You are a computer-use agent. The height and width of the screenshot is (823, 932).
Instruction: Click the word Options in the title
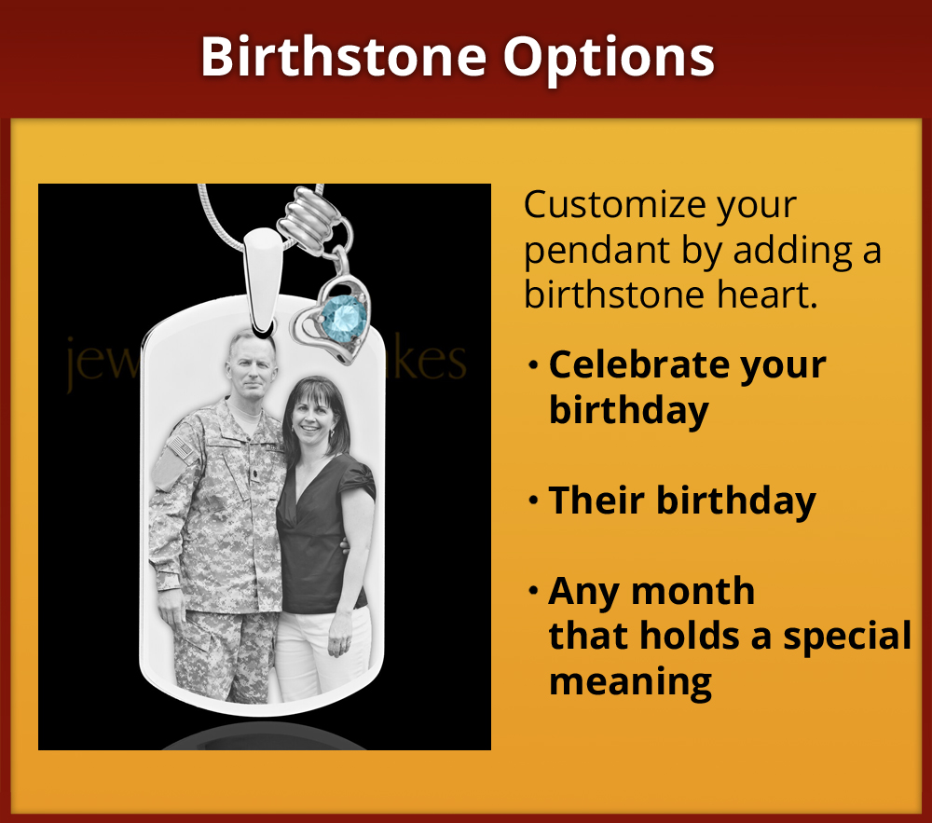point(610,59)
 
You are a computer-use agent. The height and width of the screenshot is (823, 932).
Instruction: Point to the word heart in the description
point(765,295)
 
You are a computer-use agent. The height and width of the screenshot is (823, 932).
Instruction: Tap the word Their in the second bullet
point(596,501)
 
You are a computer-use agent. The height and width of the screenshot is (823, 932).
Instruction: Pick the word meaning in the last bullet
point(630,681)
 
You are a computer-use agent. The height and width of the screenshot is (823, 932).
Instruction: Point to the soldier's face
point(249,366)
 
